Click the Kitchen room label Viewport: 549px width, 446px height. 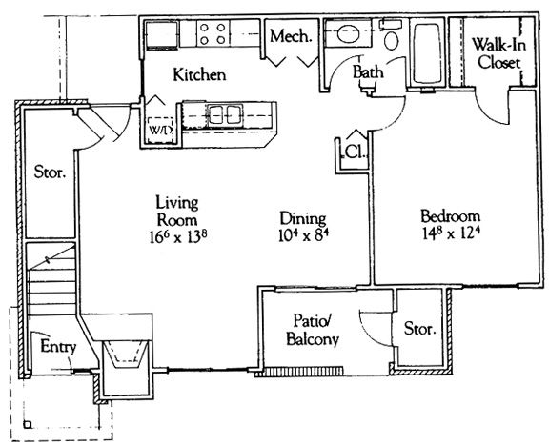199,74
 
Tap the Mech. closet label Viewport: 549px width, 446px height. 291,36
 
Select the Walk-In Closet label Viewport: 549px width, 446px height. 498,53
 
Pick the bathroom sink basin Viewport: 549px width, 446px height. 349,34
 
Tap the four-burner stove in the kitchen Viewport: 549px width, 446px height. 213,33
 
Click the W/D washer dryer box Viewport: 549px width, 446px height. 161,130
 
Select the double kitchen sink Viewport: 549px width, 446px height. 224,114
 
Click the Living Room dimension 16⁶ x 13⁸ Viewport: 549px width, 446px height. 178,236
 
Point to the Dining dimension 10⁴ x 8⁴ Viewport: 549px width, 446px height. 303,235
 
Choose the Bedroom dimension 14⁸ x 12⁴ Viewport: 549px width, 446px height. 451,233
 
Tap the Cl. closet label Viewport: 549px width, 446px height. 355,152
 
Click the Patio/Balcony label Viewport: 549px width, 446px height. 313,330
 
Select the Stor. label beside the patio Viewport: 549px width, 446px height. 419,329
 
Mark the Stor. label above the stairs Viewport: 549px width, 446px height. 50,172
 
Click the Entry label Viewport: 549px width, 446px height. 58,347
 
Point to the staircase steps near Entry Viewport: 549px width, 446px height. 51,279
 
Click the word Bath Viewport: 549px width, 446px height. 368,72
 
